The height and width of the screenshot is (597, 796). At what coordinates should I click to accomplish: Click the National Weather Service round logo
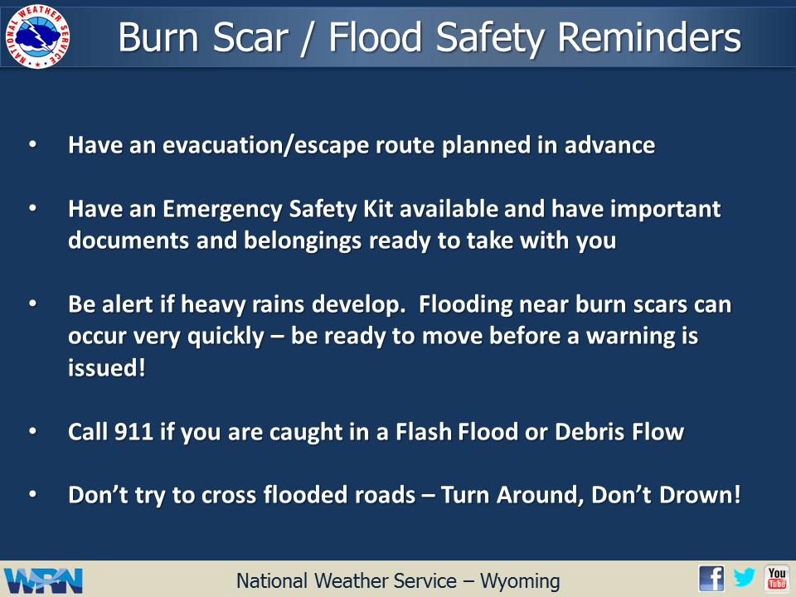pos(37,36)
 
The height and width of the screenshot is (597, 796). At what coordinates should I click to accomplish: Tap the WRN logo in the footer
pos(43,580)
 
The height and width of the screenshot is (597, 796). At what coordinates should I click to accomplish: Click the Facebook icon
pos(711,578)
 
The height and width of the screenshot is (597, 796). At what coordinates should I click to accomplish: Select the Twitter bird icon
pos(745,577)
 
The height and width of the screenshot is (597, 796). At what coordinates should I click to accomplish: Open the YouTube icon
pos(777,578)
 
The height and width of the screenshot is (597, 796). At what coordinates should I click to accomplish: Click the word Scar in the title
pos(250,37)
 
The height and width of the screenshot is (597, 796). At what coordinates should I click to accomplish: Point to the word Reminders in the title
pos(649,37)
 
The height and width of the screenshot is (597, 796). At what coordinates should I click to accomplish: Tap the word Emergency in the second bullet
pos(222,210)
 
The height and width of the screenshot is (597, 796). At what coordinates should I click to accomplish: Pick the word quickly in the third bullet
pos(226,337)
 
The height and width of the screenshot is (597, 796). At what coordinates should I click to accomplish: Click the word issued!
pos(107,367)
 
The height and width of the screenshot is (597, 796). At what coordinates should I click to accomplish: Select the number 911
pos(133,432)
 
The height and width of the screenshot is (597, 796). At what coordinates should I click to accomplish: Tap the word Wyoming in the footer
pos(520,581)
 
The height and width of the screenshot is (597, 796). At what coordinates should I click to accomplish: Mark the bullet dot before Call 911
pos(33,431)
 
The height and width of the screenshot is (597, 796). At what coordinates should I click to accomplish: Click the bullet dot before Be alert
pos(33,303)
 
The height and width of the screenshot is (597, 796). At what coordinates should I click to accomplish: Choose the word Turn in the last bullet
pos(464,495)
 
